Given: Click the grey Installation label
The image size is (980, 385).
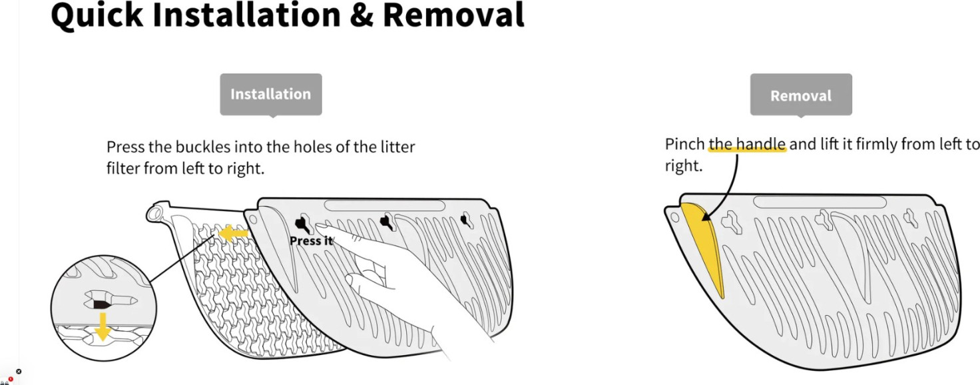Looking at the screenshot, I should (270, 95).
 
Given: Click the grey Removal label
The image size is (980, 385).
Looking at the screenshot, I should (800, 95).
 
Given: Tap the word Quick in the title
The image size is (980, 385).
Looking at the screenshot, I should (97, 16).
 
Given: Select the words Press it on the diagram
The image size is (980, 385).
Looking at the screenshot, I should (310, 240).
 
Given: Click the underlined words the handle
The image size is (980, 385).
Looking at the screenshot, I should (747, 145).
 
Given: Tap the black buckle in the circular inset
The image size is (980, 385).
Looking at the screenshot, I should (101, 304).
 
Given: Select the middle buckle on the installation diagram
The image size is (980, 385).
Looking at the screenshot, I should (385, 220).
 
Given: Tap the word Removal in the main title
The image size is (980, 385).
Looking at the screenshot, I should (453, 16).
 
